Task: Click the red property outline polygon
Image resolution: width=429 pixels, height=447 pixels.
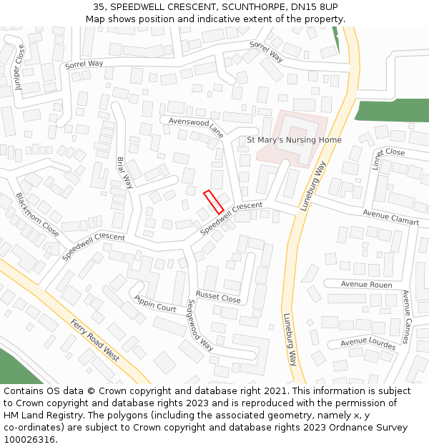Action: tap(214, 202)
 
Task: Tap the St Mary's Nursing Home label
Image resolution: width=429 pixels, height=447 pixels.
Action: tap(294, 140)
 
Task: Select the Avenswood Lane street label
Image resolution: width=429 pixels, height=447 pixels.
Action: tap(197, 127)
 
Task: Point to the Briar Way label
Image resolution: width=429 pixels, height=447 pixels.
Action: tap(125, 172)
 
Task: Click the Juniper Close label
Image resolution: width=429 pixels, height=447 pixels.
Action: tap(19, 67)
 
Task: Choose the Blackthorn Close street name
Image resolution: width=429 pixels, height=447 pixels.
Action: tap(37, 215)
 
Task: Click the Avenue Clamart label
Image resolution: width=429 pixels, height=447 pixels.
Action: tap(390, 217)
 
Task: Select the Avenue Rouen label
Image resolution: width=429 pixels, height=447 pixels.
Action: tap(366, 285)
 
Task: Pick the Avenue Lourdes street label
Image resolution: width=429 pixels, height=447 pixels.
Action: tap(368, 343)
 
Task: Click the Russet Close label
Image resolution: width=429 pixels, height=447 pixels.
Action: tap(218, 296)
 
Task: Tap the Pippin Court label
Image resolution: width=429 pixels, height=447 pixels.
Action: tap(155, 304)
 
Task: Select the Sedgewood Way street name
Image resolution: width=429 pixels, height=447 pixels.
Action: tap(199, 325)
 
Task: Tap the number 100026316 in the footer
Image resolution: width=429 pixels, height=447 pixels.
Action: tap(30, 439)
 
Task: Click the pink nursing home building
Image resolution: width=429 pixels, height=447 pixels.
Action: tap(293, 129)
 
